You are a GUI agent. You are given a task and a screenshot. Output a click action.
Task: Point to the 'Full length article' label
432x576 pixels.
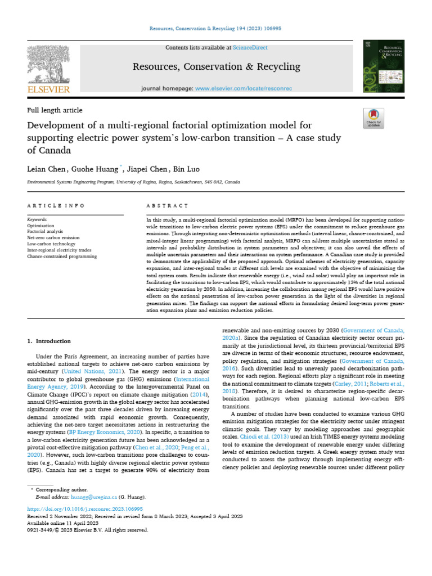pos(55,110)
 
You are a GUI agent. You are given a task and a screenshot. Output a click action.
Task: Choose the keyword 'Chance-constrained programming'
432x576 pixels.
pos(62,256)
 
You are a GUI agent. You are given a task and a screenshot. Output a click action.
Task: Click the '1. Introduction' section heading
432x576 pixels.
pos(49,341)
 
